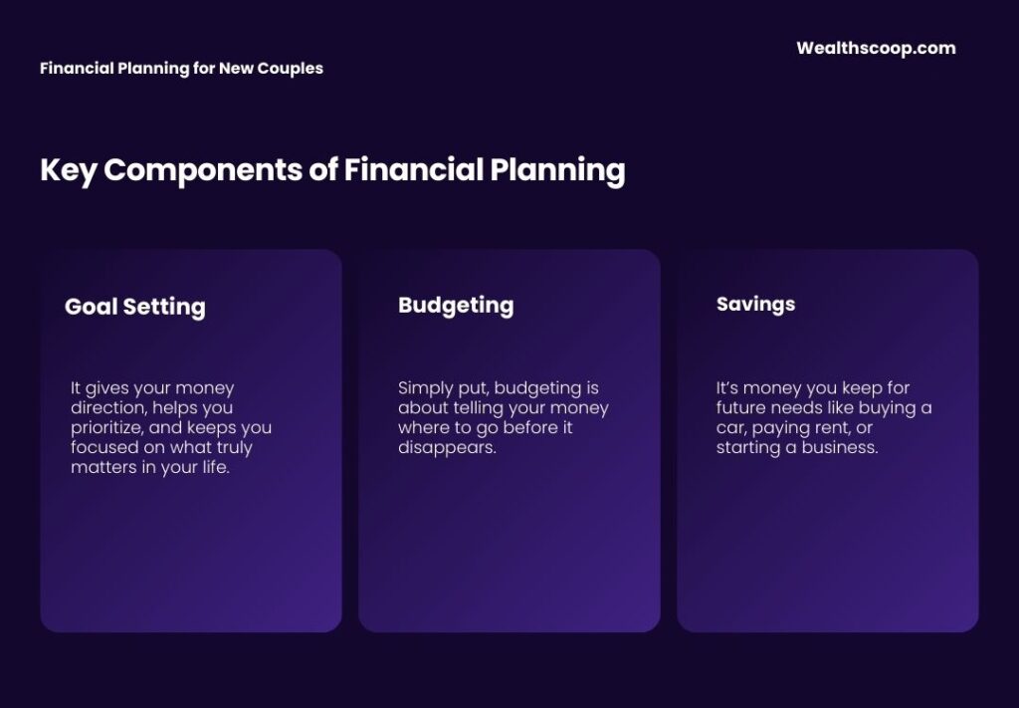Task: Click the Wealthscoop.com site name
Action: click(876, 48)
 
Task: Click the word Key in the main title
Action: click(68, 170)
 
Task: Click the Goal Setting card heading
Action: click(134, 307)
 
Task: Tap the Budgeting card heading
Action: click(456, 305)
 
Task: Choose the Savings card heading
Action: click(755, 304)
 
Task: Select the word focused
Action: click(104, 448)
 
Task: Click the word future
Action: click(741, 408)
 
